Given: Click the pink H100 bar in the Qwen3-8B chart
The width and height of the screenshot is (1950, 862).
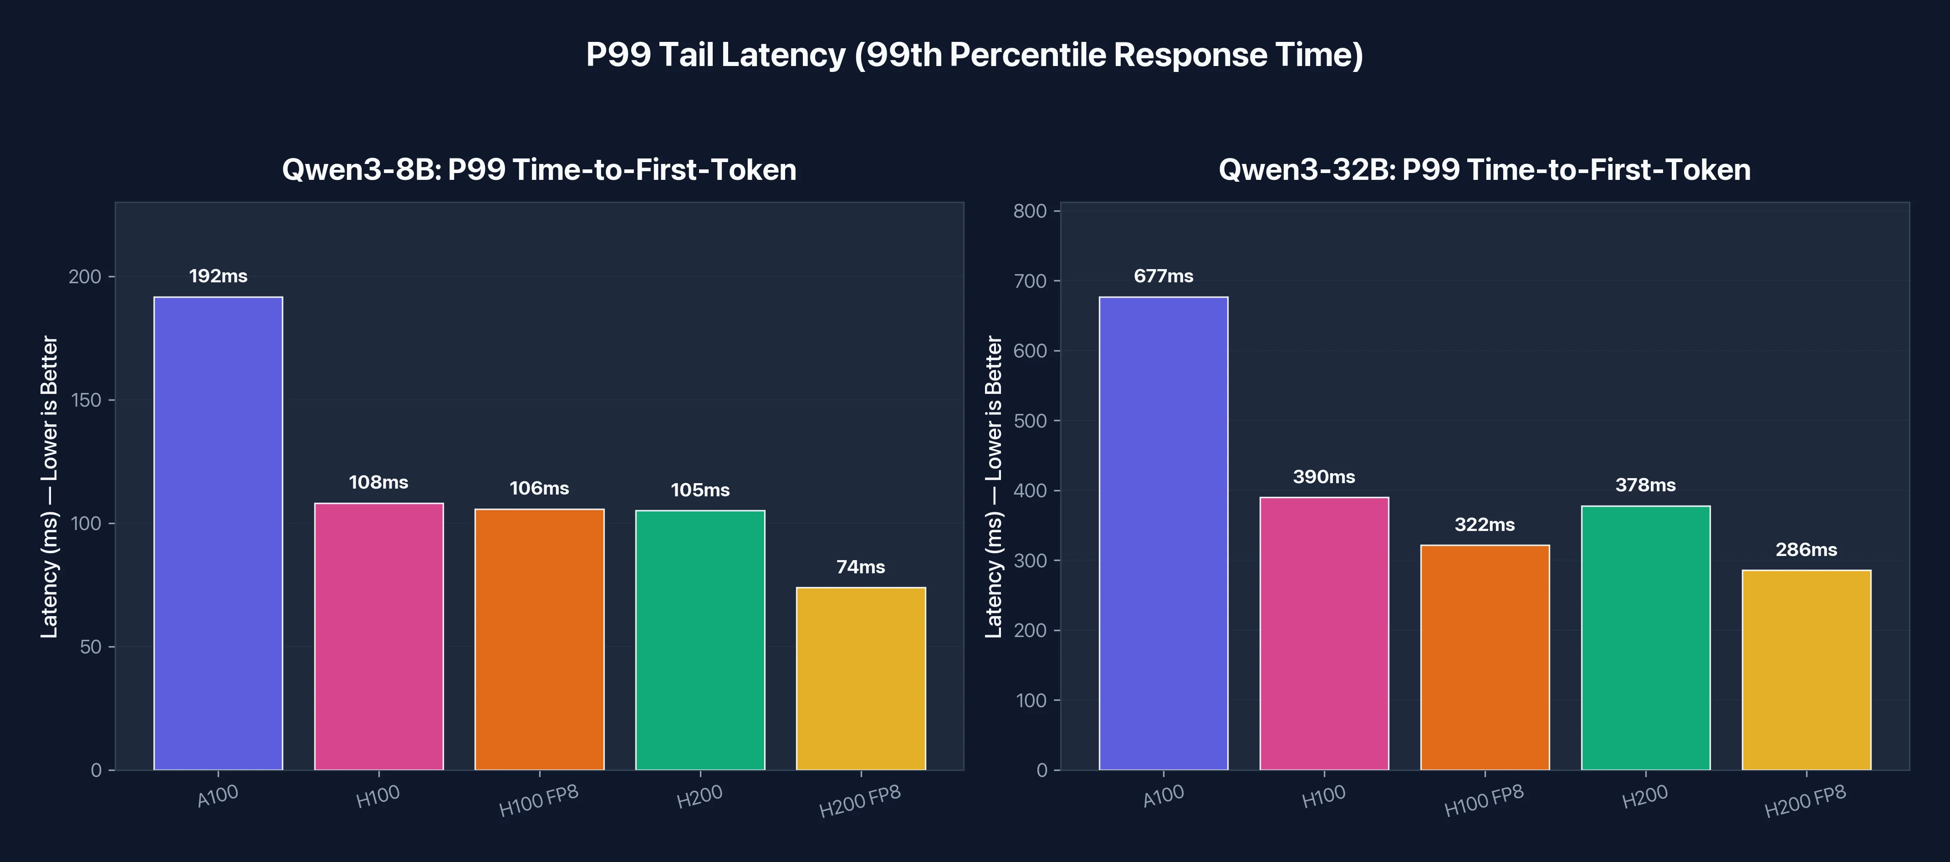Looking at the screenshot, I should click(x=378, y=636).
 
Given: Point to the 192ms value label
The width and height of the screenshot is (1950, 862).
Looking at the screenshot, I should click(x=218, y=276).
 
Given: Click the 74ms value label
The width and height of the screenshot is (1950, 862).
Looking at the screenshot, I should click(x=861, y=567).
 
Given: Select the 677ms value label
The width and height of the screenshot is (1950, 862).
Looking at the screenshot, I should click(x=1164, y=276).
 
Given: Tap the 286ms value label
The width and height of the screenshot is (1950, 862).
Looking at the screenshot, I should click(x=1806, y=550).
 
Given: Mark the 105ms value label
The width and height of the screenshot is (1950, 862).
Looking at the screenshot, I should click(x=700, y=490).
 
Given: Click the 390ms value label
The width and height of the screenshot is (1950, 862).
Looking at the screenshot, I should click(x=1324, y=477).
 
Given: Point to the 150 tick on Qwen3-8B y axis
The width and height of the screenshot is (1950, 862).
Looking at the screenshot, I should click(x=86, y=400).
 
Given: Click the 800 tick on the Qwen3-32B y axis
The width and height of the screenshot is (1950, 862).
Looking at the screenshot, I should click(x=1030, y=211).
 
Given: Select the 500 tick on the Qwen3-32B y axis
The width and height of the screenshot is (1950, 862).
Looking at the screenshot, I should click(x=1030, y=421).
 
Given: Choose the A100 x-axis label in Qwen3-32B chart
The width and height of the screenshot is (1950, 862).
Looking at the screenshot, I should click(x=1164, y=796).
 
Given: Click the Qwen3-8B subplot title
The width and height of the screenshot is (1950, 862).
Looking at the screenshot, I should click(x=539, y=169).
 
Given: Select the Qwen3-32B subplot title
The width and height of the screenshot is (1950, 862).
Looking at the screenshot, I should click(x=1485, y=169).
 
